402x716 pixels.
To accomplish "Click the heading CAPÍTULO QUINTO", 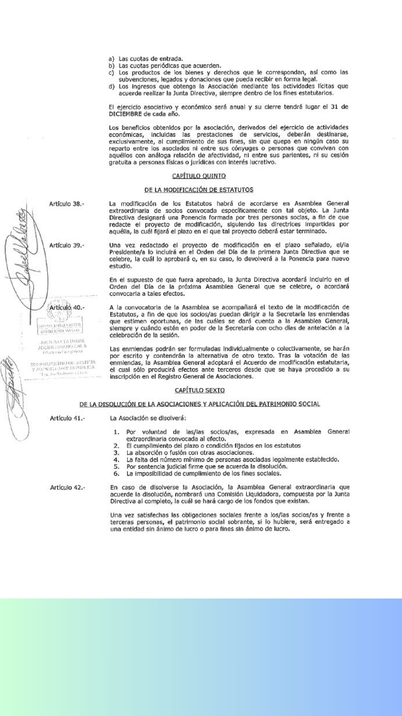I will [x=199, y=176].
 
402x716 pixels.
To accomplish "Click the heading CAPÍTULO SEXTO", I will [x=200, y=390].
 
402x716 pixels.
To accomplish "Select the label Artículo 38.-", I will [x=67, y=204].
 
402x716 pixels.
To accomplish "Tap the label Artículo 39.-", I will [x=67, y=245].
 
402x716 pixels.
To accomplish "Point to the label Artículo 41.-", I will [x=67, y=418].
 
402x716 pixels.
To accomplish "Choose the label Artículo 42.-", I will [x=67, y=487].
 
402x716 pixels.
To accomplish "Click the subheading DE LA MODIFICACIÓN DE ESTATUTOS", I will [x=199, y=189].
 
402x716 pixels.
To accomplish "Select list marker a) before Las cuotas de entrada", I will [x=111, y=59].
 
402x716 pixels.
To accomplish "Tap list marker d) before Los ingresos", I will [x=111, y=86].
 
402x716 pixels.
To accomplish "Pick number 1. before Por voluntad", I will [x=117, y=432].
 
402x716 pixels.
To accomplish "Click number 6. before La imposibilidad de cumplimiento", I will [x=117, y=474].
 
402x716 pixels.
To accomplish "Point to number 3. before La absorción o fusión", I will [x=117, y=453].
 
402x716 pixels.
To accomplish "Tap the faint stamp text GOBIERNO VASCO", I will [x=60, y=330].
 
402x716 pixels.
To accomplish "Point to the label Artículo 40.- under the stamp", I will [x=67, y=307].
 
